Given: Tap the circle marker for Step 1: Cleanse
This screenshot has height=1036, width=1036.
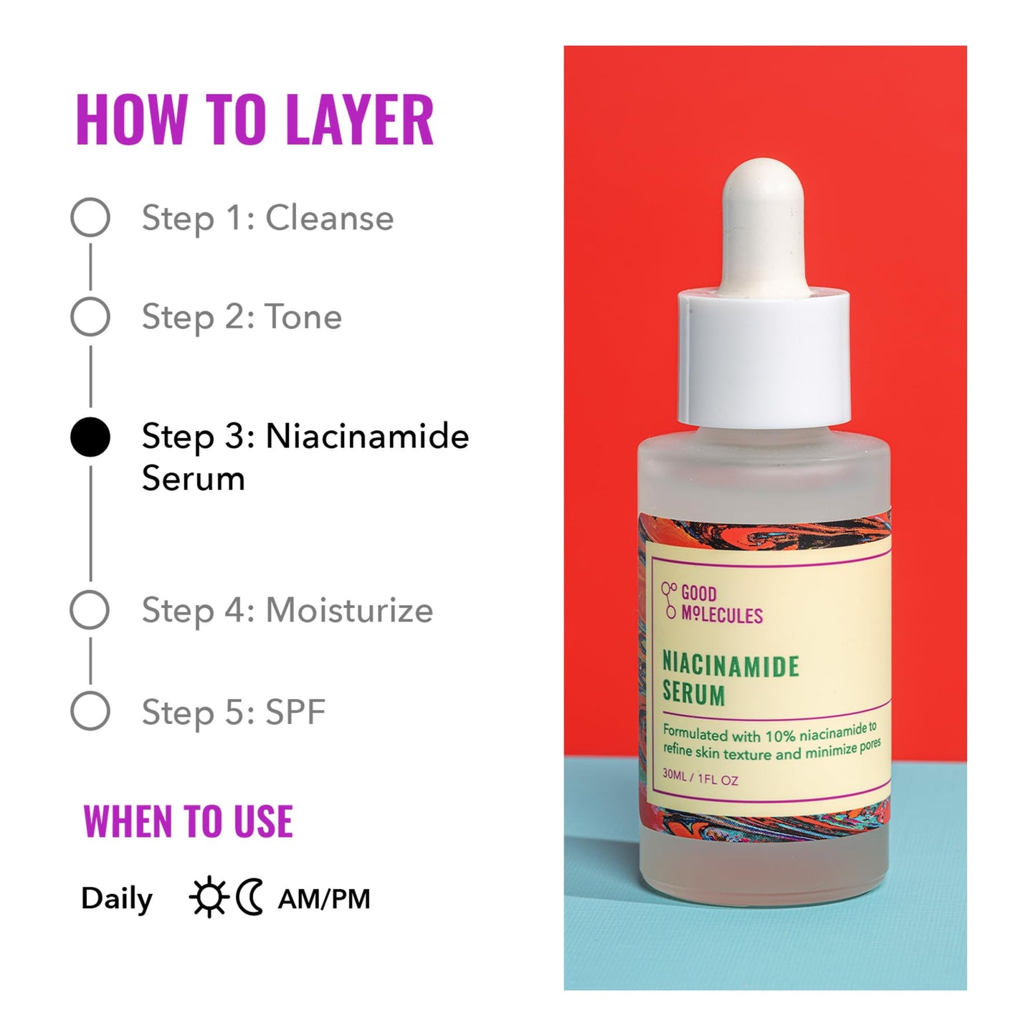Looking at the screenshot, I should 90,217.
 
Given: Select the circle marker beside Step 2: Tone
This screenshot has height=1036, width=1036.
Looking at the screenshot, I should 90,316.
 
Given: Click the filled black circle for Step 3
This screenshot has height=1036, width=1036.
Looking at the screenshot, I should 90,437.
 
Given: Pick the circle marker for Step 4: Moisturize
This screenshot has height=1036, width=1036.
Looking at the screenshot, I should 90,610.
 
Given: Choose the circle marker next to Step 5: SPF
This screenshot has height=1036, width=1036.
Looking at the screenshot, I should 90,711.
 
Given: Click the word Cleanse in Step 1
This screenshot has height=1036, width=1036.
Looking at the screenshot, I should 329,218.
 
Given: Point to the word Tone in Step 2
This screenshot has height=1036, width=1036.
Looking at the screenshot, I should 303,317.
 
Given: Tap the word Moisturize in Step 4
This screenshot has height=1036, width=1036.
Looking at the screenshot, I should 349,611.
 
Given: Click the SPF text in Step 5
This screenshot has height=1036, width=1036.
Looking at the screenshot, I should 295,712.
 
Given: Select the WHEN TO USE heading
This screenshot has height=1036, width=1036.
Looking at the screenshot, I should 188,822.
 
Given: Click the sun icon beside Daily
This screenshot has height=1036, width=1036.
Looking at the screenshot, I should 209,898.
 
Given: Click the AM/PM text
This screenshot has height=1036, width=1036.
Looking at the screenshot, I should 324,899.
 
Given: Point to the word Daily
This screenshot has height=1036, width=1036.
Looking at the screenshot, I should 117,899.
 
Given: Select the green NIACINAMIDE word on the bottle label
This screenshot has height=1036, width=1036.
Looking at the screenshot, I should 730,665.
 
